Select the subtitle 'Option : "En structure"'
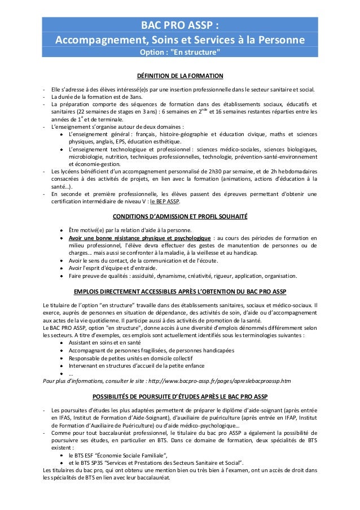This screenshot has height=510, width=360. pyautogui.click(x=180, y=54)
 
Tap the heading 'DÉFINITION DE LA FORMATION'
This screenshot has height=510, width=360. pyautogui.click(x=180, y=76)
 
